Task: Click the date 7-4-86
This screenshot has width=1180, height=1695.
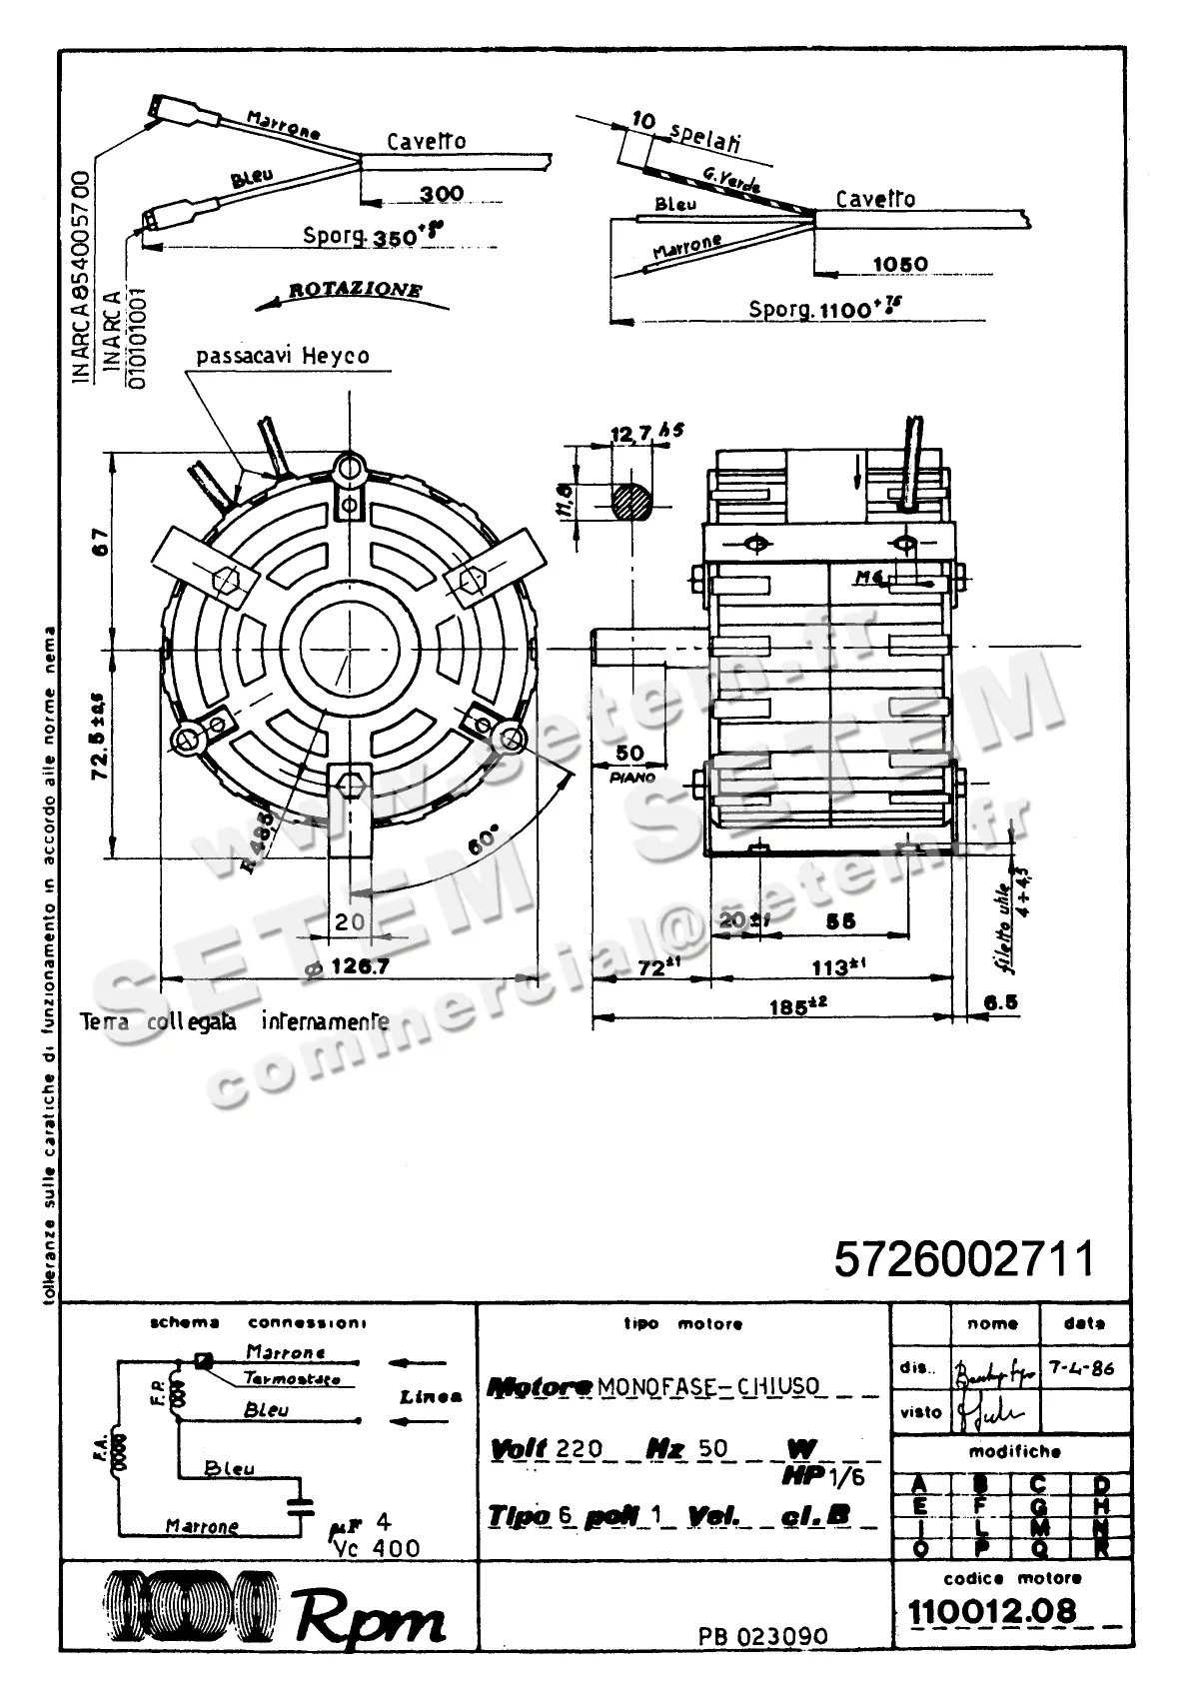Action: [x=1082, y=1368]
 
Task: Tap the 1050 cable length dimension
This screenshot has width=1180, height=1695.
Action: [x=899, y=264]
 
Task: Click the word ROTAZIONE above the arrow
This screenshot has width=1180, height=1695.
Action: [x=355, y=290]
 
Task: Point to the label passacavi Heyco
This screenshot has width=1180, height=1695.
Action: [x=283, y=356]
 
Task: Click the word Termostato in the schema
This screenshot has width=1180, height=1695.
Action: [x=292, y=1379]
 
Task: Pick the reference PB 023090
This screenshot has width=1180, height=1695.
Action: [x=762, y=1637]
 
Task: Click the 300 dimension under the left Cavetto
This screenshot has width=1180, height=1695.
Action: [x=441, y=193]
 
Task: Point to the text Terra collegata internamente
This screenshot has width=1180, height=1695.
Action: [x=234, y=1022]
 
